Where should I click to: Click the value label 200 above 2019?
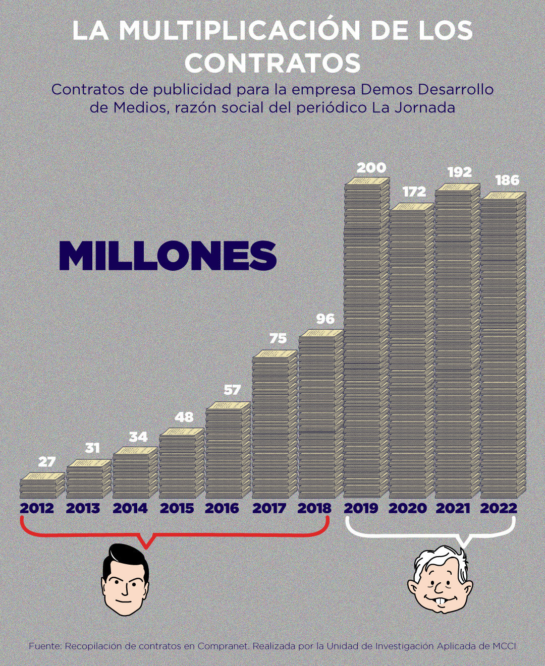click(x=371, y=167)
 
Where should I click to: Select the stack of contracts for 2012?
click(x=42, y=486)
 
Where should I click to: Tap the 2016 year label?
click(x=222, y=508)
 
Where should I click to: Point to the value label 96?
click(x=325, y=319)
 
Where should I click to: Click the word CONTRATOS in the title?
click(x=272, y=63)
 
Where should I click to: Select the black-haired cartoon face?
click(x=125, y=580)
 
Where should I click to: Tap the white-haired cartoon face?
click(x=440, y=580)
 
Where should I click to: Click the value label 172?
click(x=414, y=192)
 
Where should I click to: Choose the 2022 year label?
click(x=499, y=508)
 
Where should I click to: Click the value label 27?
click(x=47, y=462)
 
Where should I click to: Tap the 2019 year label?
click(x=361, y=508)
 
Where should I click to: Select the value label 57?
click(x=232, y=390)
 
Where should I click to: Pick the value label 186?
click(x=507, y=180)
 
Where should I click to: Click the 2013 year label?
click(x=83, y=508)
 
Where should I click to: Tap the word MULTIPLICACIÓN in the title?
click(x=239, y=31)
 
